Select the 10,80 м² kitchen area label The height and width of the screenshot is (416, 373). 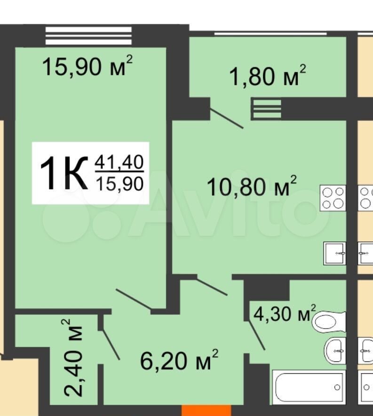click(251, 186)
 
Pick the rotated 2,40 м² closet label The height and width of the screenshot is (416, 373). click(72, 358)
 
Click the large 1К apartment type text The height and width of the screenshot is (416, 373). click(64, 173)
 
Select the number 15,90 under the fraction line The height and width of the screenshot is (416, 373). click(119, 184)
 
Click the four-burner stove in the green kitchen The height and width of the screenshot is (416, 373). click(333, 198)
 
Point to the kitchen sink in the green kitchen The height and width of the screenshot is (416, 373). click(334, 253)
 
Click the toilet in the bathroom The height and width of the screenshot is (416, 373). click(329, 321)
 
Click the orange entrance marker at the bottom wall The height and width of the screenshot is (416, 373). click(206, 410)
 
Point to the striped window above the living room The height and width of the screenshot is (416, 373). click(88, 36)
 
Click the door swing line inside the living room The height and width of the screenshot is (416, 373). click(134, 299)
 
